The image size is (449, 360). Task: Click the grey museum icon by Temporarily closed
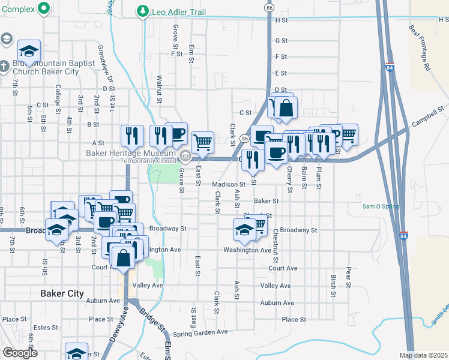(x=186, y=158)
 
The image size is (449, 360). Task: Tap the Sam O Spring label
(x=381, y=206)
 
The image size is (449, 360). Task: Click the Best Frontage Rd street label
(x=420, y=48)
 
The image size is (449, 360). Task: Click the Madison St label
(x=228, y=185)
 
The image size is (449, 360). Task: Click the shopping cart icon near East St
(x=203, y=142)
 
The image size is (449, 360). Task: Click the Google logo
(x=19, y=353)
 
